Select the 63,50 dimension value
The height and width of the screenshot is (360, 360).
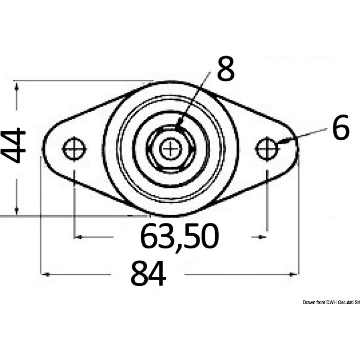(x=179, y=237)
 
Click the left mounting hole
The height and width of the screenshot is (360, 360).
(x=74, y=148)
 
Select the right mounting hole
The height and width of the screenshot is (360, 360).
(x=267, y=148)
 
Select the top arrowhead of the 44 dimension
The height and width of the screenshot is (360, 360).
(x=17, y=86)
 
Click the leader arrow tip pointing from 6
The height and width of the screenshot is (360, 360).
(x=279, y=143)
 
